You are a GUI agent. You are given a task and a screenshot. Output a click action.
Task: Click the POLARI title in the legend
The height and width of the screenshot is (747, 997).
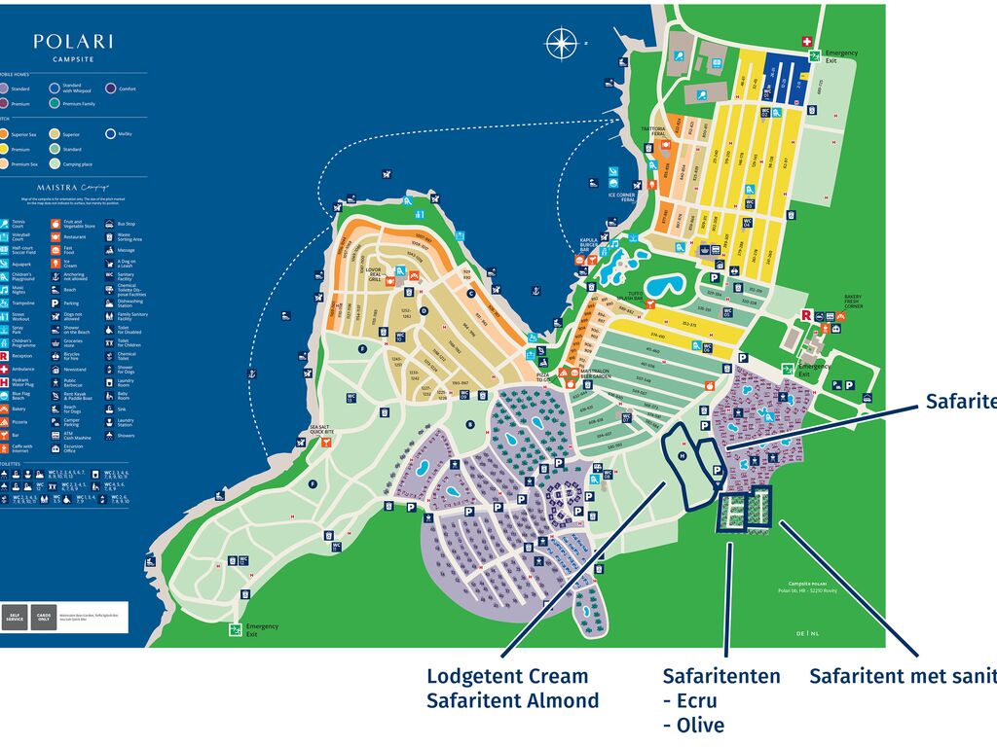click(x=73, y=42)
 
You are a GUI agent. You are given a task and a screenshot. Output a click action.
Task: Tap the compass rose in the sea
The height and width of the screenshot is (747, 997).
click(x=561, y=43)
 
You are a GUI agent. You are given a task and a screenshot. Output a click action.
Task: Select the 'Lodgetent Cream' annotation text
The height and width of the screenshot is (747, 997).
click(x=507, y=676)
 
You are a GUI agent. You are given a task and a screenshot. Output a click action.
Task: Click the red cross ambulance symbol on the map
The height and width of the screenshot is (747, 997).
click(x=806, y=41)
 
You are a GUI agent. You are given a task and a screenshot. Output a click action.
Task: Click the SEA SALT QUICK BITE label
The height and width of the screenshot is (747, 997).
click(x=327, y=429)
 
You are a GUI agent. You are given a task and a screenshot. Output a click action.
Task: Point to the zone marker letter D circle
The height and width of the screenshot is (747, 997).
click(x=424, y=311)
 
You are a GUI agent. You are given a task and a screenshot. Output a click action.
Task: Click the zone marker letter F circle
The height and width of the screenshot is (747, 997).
click(x=362, y=348)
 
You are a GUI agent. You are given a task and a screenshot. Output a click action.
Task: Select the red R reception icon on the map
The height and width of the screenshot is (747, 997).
click(x=806, y=315)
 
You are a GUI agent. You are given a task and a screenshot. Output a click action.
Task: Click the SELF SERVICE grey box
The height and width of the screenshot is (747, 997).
click(x=14, y=617)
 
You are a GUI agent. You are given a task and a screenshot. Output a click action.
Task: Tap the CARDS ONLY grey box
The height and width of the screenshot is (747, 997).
click(x=42, y=617)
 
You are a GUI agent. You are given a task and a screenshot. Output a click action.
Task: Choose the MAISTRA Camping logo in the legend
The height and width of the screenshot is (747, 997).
click(x=73, y=187)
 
